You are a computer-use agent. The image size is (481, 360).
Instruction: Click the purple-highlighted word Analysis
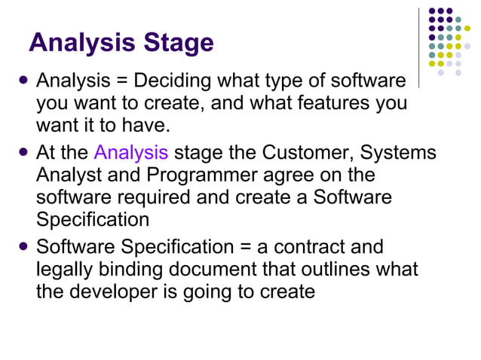pyautogui.click(x=130, y=153)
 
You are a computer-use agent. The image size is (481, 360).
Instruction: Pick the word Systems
pyautogui.click(x=398, y=153)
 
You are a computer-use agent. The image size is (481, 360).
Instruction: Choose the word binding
pyautogui.click(x=130, y=269)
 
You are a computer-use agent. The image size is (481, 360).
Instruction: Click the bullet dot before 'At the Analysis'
pyautogui.click(x=24, y=151)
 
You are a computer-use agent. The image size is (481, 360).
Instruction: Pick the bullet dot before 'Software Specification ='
pyautogui.click(x=24, y=246)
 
